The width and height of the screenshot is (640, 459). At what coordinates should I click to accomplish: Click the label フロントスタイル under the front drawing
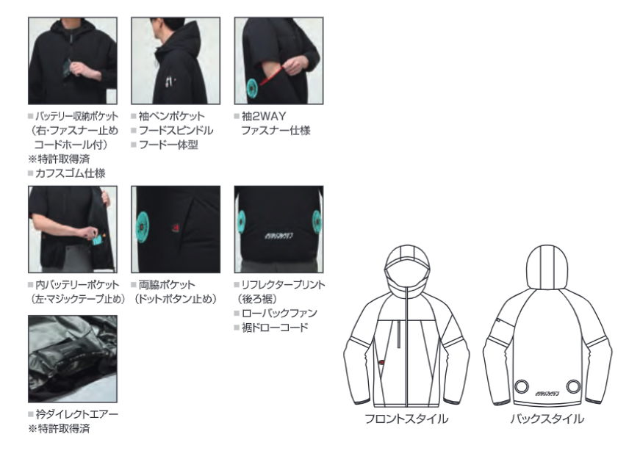tap(406, 419)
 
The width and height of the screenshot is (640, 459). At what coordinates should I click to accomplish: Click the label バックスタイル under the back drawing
tap(547, 419)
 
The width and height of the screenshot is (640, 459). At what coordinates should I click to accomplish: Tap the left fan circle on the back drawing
tap(522, 386)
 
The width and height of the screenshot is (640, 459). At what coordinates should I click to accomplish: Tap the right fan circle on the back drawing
tap(573, 386)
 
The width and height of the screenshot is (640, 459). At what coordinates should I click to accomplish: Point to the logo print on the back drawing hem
tap(547, 394)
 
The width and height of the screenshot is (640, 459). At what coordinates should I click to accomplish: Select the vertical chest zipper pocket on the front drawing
tap(399, 334)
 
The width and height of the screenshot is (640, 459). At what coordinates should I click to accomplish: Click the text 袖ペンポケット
tap(171, 116)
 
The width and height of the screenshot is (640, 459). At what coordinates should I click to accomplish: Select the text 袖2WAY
tap(264, 116)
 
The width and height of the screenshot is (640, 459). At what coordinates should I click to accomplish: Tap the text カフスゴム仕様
tap(71, 173)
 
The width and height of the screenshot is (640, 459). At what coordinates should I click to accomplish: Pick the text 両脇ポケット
tap(167, 285)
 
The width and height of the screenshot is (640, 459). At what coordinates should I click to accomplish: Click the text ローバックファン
tap(279, 313)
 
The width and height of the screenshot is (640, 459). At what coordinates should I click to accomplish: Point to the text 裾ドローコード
tap(275, 328)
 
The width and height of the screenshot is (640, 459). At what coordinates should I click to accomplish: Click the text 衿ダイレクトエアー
tap(76, 414)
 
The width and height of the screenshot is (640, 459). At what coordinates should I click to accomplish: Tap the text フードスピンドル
tap(176, 131)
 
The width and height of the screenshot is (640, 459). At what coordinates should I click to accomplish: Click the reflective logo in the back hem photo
tap(278, 236)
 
